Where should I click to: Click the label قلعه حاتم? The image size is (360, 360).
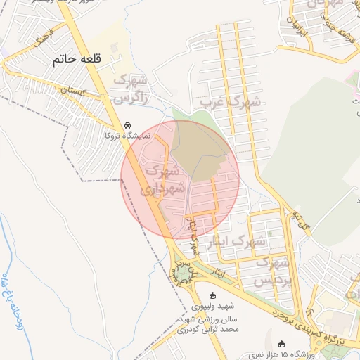pyautogui.click(x=86, y=60)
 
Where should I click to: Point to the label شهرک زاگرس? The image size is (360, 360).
pyautogui.click(x=134, y=88)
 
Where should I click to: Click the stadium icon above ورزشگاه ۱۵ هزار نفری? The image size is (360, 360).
pyautogui.click(x=283, y=343)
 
